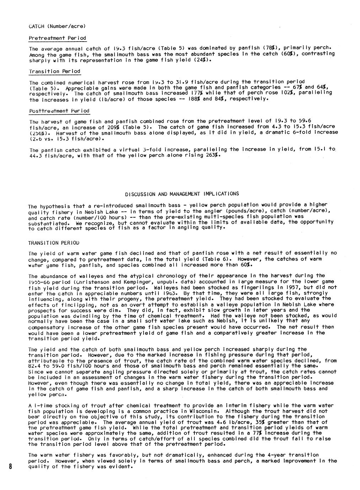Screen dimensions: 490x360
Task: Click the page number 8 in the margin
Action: point(11,466)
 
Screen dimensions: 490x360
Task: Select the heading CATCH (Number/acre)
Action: point(57,26)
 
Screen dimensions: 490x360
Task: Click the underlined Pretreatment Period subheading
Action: point(57,38)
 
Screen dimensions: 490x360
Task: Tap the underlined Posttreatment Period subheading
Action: point(59,111)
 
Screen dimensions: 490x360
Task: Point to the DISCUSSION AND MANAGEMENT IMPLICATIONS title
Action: point(182,194)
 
